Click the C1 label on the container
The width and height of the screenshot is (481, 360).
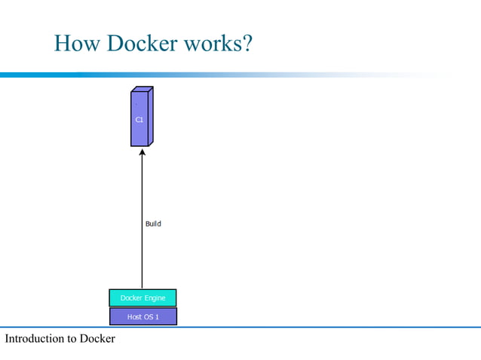click(139, 120)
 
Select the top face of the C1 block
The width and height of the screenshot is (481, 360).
click(142, 90)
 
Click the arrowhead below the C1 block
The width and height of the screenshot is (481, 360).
click(142, 154)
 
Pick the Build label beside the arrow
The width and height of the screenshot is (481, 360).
click(153, 224)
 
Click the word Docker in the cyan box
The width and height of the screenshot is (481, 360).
click(132, 298)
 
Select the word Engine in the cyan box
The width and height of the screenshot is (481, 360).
click(155, 298)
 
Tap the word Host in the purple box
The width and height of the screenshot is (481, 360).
click(135, 317)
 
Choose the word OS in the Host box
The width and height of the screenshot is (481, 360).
click(149, 317)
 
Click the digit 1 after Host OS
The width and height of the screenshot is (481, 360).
click(157, 317)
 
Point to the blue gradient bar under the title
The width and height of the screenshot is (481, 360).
click(188, 75)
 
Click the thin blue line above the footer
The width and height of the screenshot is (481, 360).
click(302, 327)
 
